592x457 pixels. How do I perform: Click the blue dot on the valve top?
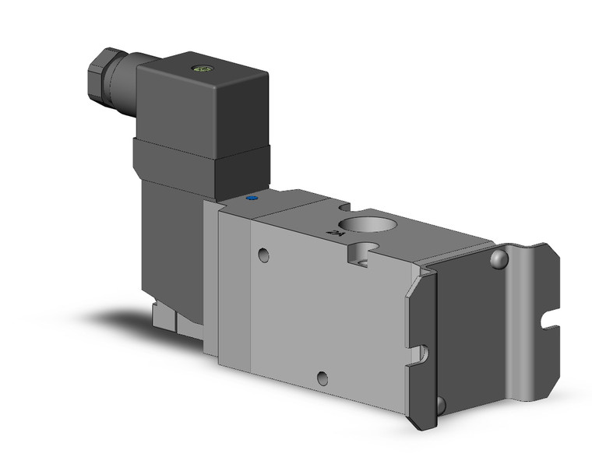252,199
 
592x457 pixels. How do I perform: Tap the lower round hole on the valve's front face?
322,379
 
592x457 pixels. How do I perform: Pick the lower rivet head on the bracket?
441,404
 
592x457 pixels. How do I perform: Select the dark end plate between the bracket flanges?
467,327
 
